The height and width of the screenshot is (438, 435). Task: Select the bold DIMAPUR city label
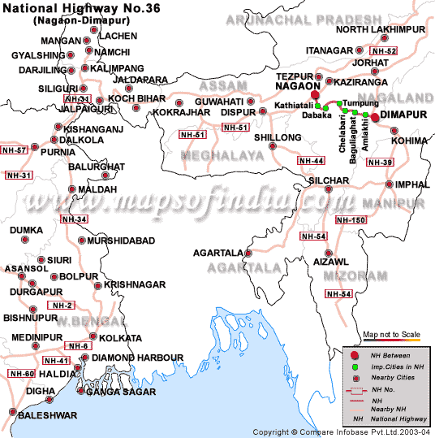click(x=405, y=117)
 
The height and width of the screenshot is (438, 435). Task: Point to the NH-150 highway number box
click(x=351, y=220)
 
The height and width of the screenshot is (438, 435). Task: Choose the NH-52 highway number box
click(x=385, y=51)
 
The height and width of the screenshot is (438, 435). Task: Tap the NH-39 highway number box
click(x=381, y=163)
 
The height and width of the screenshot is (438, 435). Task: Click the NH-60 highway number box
click(x=22, y=373)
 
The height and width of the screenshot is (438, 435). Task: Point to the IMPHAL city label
click(x=412, y=184)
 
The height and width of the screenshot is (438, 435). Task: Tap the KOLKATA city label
click(x=119, y=337)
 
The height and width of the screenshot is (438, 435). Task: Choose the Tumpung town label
click(x=360, y=102)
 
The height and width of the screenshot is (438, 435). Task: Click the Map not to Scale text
click(x=391, y=334)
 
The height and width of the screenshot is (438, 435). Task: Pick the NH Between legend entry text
click(x=391, y=355)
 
